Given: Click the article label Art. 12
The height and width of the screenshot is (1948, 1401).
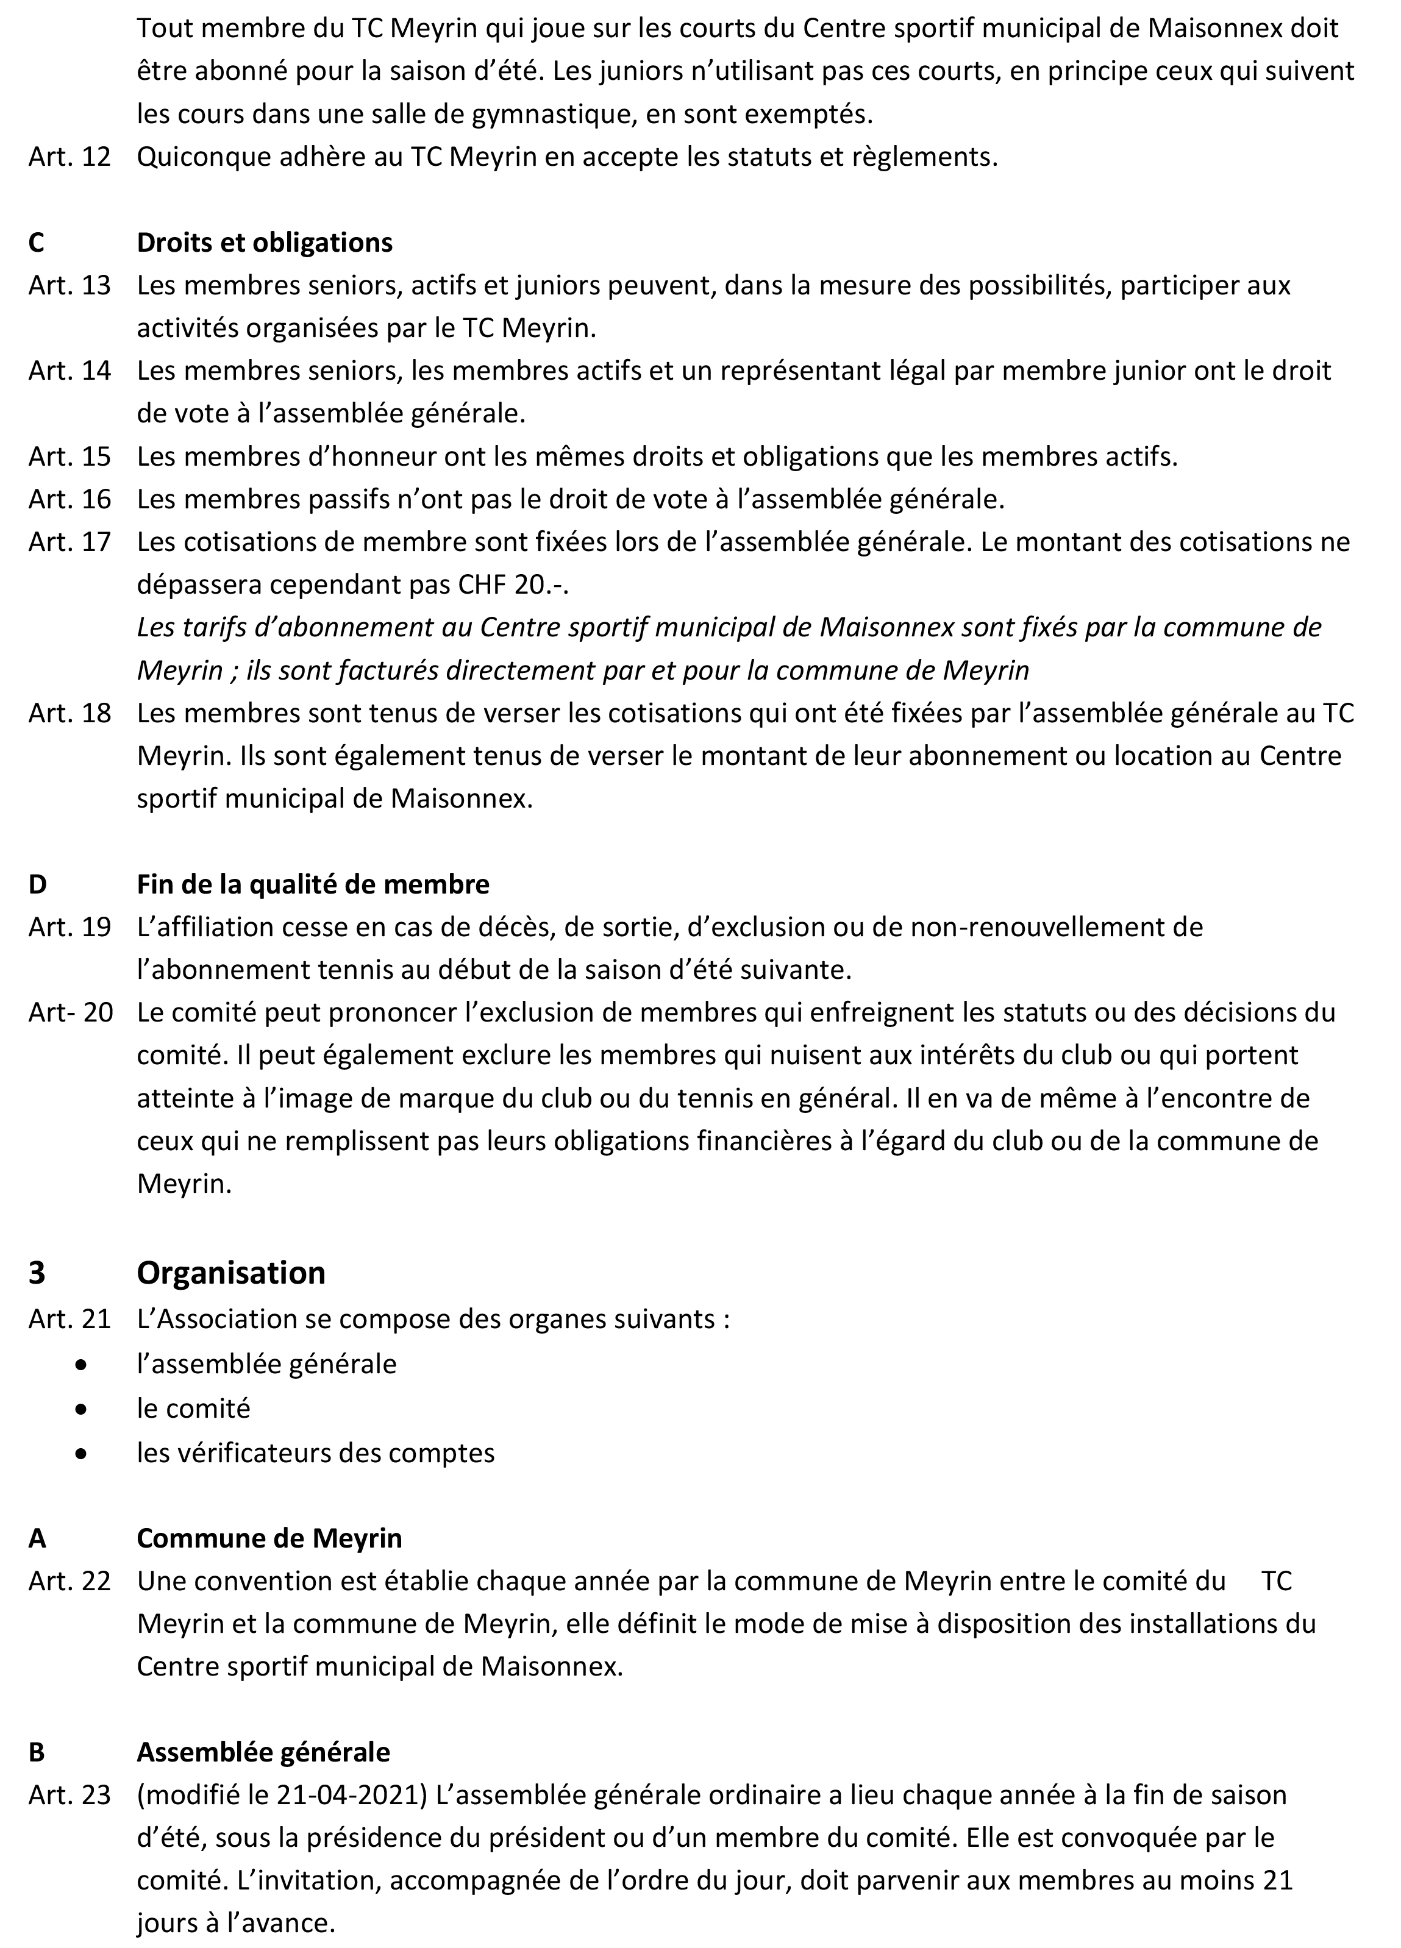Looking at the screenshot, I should (70, 157).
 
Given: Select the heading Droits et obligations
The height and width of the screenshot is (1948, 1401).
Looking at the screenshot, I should (264, 243).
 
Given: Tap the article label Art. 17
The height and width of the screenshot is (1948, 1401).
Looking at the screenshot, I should (70, 542).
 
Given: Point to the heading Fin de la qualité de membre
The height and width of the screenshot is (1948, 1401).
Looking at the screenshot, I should (313, 884).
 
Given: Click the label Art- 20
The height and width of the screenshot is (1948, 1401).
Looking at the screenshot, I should (71, 1012).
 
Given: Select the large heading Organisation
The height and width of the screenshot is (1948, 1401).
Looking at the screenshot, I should (231, 1272).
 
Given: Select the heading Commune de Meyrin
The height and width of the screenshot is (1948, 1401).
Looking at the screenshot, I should (269, 1537).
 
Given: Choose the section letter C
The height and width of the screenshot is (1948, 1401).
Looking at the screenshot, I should (36, 243).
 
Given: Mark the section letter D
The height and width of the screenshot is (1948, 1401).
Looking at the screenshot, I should (37, 884).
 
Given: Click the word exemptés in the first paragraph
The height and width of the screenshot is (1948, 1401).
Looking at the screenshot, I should (805, 114).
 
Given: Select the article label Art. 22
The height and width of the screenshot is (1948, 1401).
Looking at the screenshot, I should (70, 1581).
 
